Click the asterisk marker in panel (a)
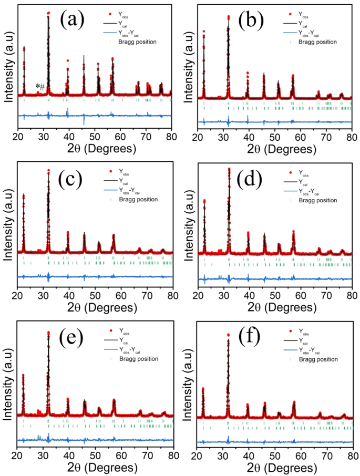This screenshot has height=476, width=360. [37, 87]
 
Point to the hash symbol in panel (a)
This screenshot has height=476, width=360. [42, 87]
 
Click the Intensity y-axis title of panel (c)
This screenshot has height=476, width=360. [7, 226]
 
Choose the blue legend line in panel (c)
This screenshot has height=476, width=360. [109, 191]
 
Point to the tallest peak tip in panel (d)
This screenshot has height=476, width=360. [229, 169]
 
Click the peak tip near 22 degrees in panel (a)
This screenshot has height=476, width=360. [24, 47]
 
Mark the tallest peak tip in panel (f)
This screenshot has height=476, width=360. [228, 334]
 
